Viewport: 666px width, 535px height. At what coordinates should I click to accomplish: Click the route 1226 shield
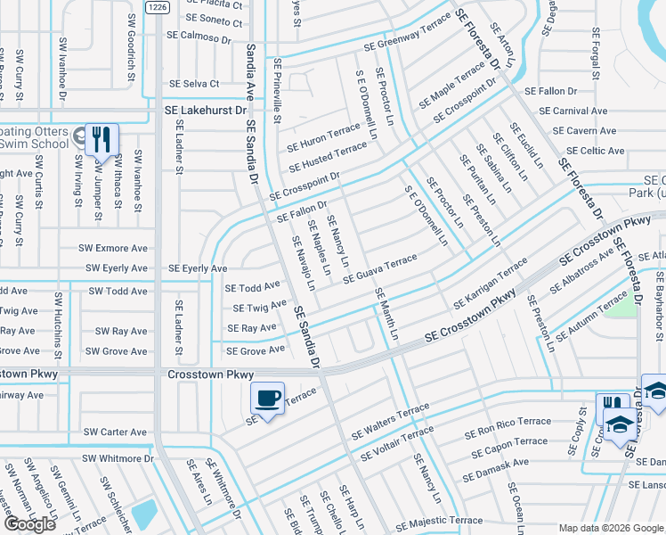point(157,7)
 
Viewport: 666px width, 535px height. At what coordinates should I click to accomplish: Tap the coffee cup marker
point(267,399)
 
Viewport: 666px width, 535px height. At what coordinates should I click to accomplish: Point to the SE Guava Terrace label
point(380,267)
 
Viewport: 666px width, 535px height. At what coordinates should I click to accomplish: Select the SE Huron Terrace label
point(323,138)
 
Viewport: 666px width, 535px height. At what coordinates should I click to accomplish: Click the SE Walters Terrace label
point(389,423)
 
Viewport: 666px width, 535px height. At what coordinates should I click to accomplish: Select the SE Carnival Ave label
point(573,111)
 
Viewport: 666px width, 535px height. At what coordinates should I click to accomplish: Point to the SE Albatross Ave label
point(581,271)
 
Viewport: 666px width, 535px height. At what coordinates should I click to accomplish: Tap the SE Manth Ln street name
point(386,313)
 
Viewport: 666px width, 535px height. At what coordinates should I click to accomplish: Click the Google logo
point(29,524)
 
